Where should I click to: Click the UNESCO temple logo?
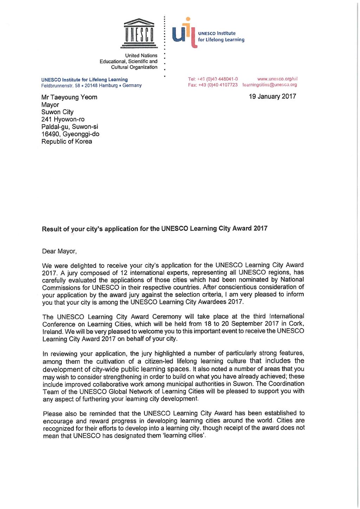139,33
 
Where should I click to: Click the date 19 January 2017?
272,96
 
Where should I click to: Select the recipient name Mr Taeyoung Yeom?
69,97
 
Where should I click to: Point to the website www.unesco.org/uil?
277,79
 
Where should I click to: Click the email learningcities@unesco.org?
270,85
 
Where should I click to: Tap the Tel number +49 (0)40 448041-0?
213,79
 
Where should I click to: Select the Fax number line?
213,85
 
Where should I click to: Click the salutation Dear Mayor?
59,251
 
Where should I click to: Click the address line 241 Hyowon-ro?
63,119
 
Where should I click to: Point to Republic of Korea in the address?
67,141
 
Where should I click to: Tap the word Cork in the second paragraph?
296,324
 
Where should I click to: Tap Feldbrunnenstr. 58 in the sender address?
60,85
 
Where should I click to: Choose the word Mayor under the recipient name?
50,105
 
